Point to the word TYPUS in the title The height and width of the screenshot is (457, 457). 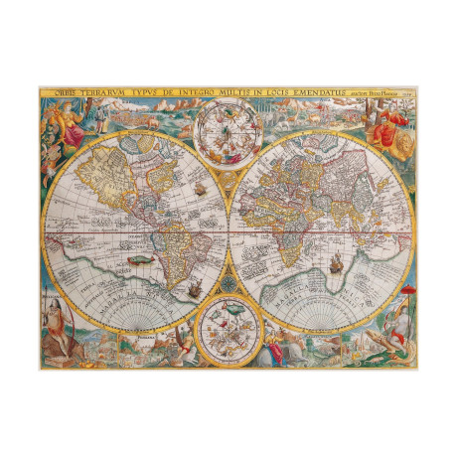pyautogui.click(x=150, y=94)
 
